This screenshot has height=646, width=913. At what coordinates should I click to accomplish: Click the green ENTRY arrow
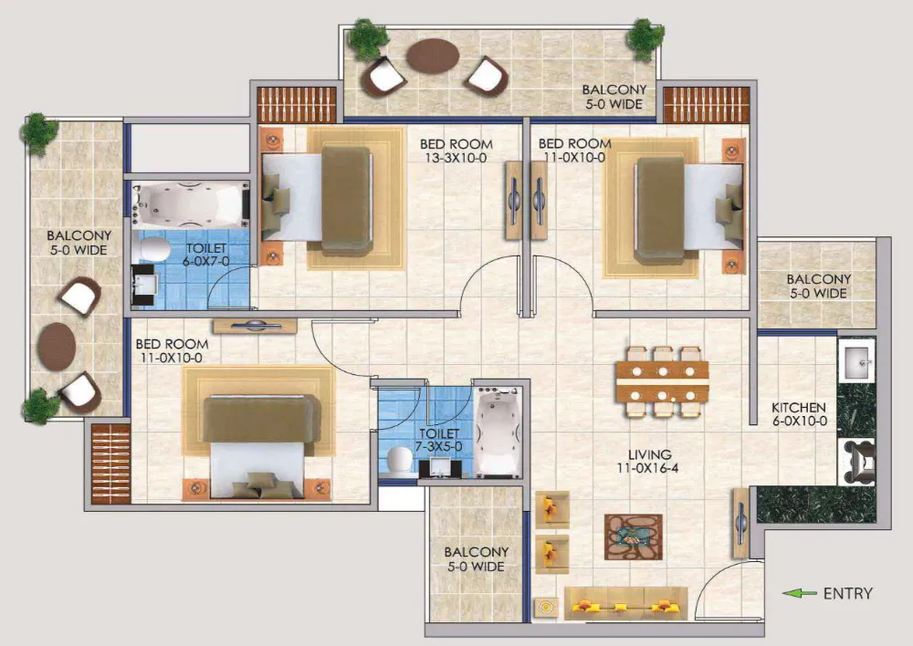coord(800,593)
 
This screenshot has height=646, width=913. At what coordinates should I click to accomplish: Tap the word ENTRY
coord(847,593)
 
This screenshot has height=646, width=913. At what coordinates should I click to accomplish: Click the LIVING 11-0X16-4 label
coord(649,461)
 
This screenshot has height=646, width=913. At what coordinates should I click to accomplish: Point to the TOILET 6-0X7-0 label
coord(206,255)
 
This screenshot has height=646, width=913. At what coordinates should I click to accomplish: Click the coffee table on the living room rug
coord(633,537)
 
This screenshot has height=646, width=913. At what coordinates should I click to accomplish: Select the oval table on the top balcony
coord(432,57)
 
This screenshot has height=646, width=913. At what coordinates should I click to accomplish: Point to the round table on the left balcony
coord(58,344)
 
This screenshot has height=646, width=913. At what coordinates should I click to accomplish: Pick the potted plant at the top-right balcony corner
coord(645,36)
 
